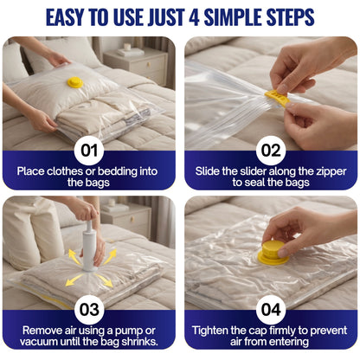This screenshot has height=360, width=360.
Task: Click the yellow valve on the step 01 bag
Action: [75, 82]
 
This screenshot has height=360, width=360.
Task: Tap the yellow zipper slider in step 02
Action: [277, 96]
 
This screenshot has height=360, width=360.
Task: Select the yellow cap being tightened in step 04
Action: [273, 254]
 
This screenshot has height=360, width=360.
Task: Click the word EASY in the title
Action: [73, 17]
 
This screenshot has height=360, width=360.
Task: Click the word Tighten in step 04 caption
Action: [213, 329]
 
